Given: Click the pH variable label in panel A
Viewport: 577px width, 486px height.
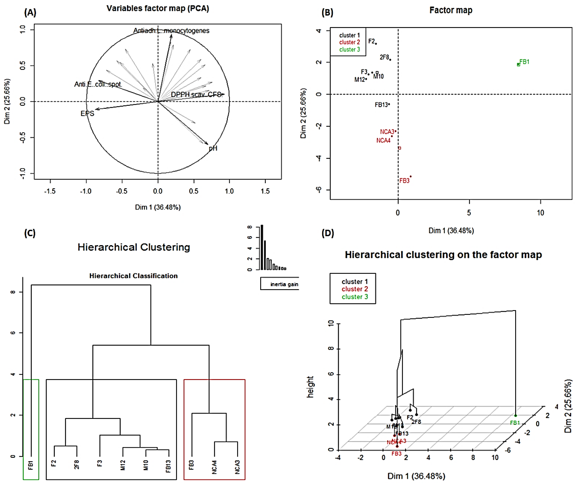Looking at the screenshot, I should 213,149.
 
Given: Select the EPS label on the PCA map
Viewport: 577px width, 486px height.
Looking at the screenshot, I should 87,114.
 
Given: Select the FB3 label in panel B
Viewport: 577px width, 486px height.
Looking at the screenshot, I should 404,181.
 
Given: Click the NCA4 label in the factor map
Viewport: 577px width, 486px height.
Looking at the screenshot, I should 383,141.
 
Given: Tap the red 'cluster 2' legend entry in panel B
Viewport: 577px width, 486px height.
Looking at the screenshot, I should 350,42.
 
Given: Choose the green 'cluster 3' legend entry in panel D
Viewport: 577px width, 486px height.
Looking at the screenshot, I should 355,297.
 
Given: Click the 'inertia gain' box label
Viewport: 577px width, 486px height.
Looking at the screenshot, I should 284,284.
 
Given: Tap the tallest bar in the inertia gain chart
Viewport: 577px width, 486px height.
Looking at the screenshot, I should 262,247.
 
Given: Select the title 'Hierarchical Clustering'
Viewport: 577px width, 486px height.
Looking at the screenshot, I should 134,247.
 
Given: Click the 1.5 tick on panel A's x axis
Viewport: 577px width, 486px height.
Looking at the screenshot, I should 265,191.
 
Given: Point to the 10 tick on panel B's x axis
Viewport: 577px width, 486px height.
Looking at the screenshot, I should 540,213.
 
